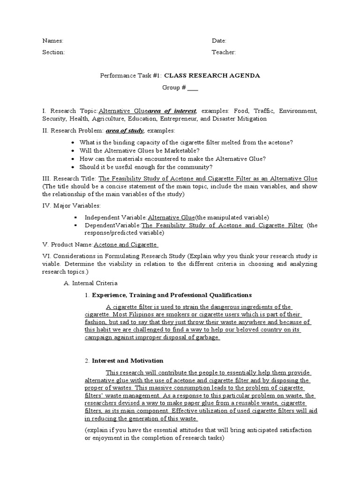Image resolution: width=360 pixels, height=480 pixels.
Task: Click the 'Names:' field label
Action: pos(52,41)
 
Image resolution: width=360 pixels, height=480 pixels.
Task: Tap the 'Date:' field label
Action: pos(219,41)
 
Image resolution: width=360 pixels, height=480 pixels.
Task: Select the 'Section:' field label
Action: pos(53,52)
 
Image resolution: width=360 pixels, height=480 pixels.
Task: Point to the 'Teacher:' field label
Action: pos(224,52)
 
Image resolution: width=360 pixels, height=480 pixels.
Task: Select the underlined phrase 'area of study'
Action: pos(125,130)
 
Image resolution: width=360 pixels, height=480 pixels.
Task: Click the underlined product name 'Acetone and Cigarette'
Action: pos(126,245)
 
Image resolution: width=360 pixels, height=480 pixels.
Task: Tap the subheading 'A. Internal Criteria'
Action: pos(90,283)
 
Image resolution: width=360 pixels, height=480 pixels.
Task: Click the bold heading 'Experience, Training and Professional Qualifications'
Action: pos(172,295)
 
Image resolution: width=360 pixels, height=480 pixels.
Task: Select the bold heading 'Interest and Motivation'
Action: pos(127,361)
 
